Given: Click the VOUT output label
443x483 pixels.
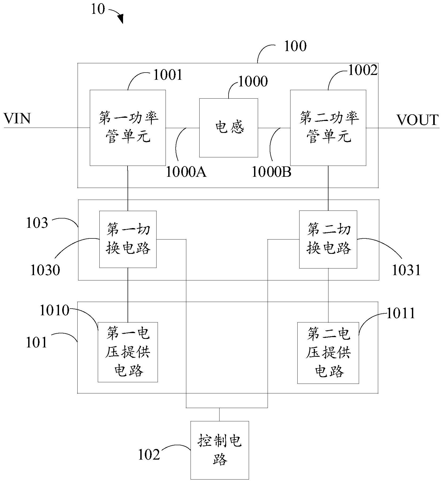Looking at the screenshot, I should tap(417, 120).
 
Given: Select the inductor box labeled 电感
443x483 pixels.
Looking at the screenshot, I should tap(229, 128).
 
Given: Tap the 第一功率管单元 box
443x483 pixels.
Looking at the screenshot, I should tap(128, 128).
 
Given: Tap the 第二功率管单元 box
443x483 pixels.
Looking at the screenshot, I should tap(328, 128).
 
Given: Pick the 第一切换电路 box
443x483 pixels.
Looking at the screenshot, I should tap(128, 239).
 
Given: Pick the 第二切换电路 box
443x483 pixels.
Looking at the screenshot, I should tap(328, 239).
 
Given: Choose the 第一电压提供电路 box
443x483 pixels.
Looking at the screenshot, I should tap(128, 352).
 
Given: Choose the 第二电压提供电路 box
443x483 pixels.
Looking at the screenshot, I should tap(328, 352).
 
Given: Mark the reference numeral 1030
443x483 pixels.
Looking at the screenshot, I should tap(45, 270).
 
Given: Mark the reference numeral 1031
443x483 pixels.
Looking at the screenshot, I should tap(406, 270).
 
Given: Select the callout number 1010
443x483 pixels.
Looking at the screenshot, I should tap(54, 310).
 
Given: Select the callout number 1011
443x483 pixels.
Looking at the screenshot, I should tap(400, 313).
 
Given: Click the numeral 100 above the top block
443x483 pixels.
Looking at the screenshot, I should tap(295, 46).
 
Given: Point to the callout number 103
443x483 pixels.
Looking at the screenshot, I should tap(37, 223).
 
